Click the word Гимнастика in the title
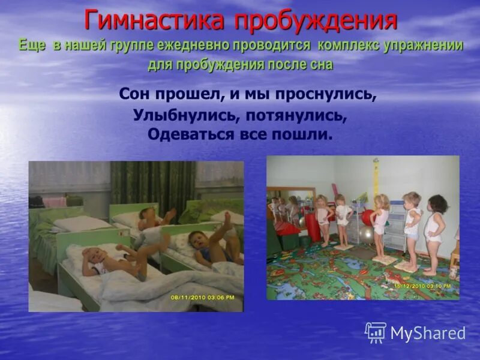(155, 20)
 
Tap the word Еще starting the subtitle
(31, 46)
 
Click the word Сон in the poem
(133, 95)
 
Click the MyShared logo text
(428, 333)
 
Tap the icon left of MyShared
(376, 332)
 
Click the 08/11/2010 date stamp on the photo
(203, 296)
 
